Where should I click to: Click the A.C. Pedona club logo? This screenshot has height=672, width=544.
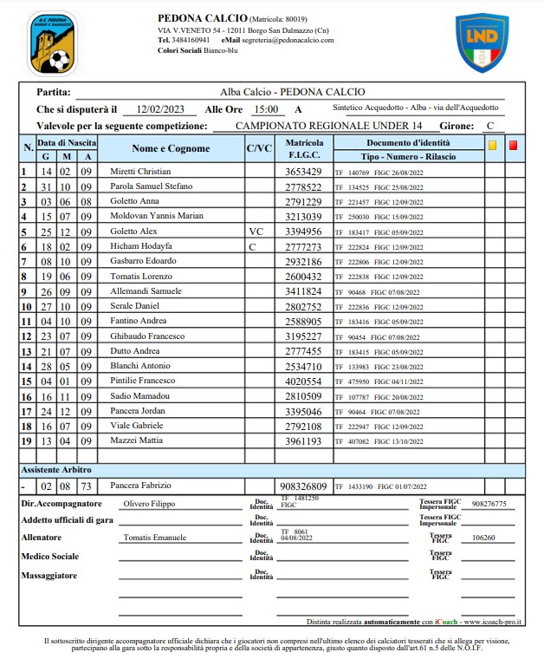[51, 42]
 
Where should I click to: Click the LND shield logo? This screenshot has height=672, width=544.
[482, 42]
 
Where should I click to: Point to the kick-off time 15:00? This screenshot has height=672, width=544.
[265, 109]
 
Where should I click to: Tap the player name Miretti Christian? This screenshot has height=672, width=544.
[140, 172]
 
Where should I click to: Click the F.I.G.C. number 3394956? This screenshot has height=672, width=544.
[303, 232]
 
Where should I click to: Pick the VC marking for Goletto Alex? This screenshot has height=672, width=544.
[256, 232]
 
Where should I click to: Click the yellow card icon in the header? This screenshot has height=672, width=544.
[493, 146]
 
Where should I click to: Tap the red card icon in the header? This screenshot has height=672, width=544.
[514, 146]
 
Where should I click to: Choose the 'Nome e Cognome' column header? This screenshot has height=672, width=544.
[171, 148]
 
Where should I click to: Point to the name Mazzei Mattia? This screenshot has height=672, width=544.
[135, 441]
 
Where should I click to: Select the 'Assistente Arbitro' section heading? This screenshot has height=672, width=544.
[57, 468]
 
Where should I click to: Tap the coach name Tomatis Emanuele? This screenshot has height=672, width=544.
[155, 538]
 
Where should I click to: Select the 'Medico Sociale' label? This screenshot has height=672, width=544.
[51, 557]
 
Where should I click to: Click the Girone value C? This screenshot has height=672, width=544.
[489, 126]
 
